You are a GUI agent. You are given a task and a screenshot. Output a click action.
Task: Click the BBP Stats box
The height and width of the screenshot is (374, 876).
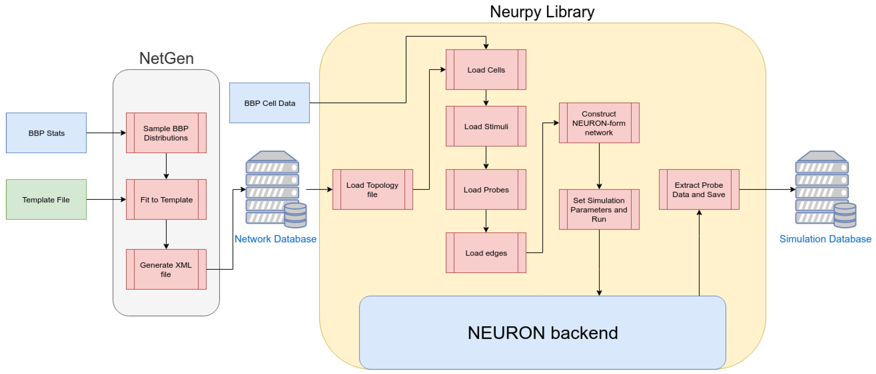[46, 133]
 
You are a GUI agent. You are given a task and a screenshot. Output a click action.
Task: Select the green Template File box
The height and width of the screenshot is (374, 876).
[46, 200]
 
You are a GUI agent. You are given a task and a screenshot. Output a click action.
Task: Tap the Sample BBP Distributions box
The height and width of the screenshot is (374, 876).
[166, 133]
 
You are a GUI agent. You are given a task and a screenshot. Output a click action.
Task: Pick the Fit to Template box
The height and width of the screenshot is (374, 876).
[166, 200]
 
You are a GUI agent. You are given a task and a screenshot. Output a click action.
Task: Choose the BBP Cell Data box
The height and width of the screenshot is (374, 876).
[270, 103]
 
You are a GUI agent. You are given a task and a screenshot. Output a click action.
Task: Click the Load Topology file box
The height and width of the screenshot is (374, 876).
[373, 189]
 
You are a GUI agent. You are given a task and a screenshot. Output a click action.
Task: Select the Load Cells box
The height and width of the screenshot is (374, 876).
[486, 70]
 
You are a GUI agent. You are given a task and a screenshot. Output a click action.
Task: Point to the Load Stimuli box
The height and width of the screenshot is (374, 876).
[486, 126]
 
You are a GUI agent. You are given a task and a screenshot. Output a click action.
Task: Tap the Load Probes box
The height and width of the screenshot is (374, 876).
[486, 189]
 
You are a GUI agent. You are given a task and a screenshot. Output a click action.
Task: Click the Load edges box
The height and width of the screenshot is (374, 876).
[486, 253]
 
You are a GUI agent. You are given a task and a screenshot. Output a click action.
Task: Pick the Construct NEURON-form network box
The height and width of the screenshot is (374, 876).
[599, 123]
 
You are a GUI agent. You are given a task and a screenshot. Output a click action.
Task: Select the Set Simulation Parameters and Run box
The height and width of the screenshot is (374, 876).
[599, 209]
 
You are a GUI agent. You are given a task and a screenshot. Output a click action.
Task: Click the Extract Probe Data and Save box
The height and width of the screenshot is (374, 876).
[699, 189]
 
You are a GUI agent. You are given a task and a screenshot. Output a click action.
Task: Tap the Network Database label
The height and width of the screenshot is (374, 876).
[275, 239]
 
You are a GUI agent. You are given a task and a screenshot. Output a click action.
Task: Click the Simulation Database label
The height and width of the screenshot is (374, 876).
[825, 239]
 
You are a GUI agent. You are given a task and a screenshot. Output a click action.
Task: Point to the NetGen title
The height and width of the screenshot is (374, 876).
[167, 58]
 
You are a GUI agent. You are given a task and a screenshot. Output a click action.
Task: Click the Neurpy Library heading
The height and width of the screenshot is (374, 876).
[542, 12]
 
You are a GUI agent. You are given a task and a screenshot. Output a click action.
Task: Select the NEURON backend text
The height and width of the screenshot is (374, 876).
[543, 333]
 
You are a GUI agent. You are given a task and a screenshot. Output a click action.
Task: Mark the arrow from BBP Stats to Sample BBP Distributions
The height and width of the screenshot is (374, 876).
[106, 133]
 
